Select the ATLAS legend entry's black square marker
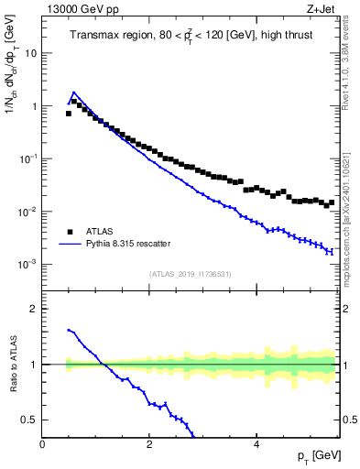click(x=69, y=233)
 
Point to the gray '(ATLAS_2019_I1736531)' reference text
click(x=191, y=273)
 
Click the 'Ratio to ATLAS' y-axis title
click(x=12, y=365)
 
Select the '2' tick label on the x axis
click(x=149, y=444)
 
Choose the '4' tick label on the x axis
click(x=256, y=444)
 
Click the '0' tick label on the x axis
click(x=43, y=444)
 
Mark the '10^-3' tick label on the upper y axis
click(x=27, y=264)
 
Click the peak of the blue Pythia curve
click(x=73, y=93)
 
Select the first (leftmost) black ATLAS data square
click(x=68, y=114)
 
